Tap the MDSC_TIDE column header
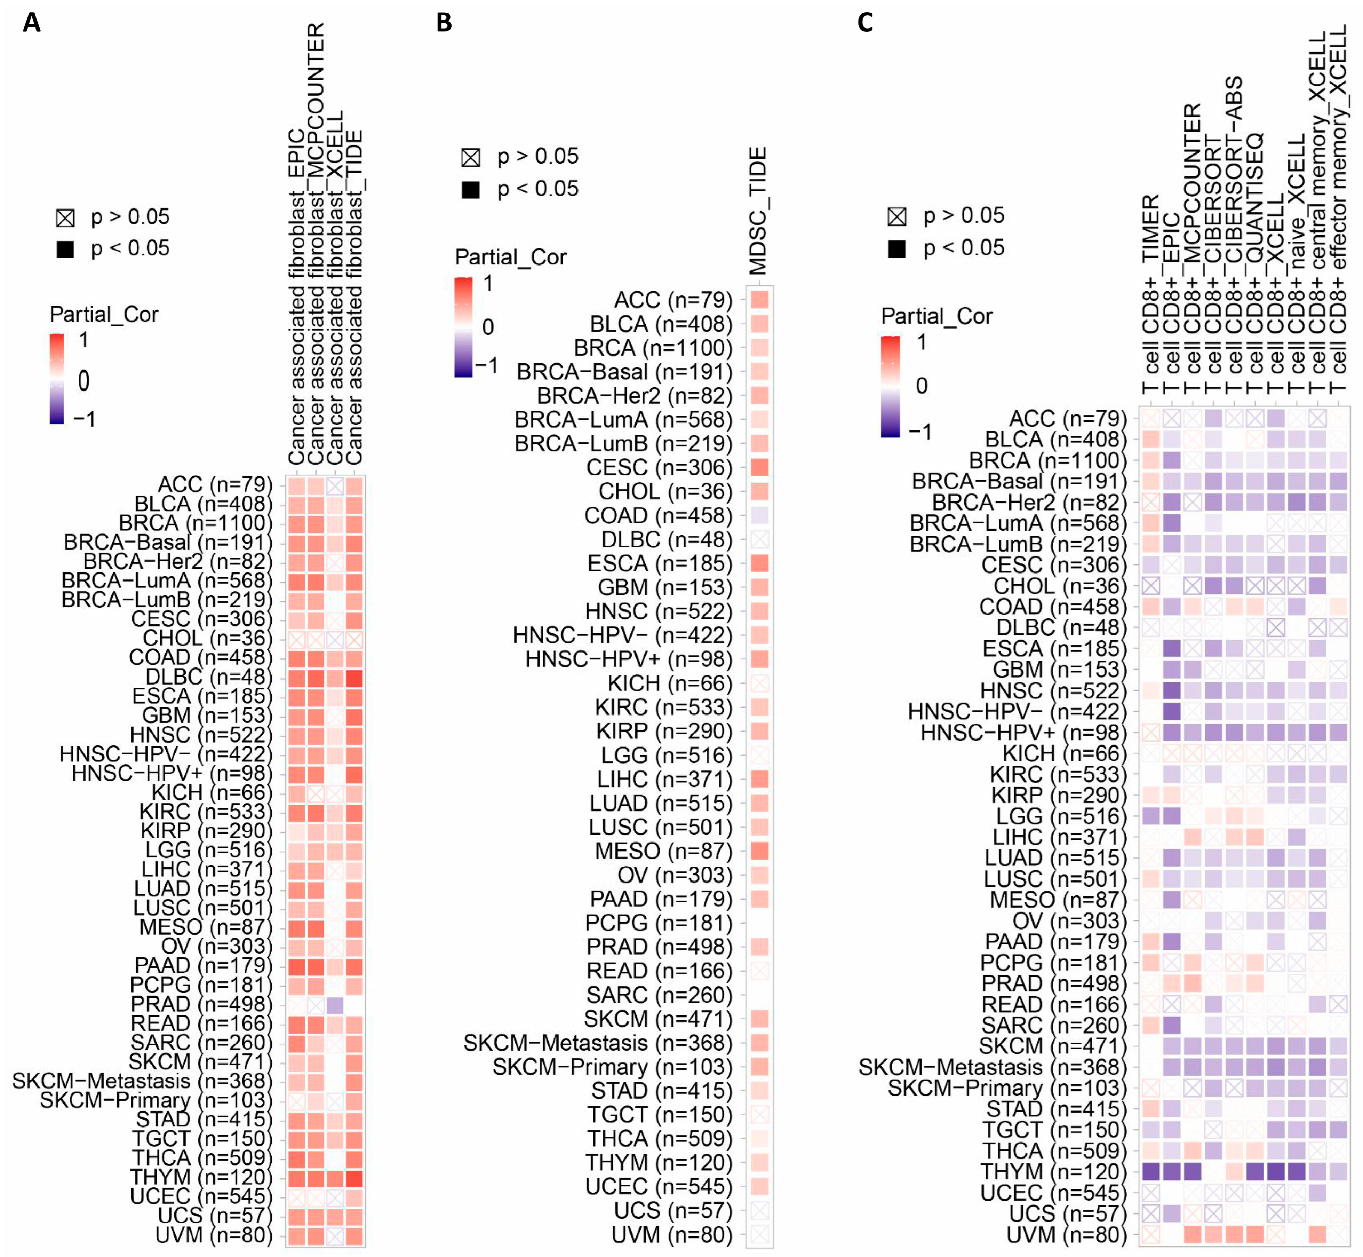coord(758,211)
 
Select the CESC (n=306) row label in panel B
coord(659,467)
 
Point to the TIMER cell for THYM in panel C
coord(1150,1171)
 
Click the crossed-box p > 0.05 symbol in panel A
coord(65,218)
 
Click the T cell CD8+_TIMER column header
coord(1150,292)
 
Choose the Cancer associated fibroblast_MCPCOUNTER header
coord(316,245)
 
